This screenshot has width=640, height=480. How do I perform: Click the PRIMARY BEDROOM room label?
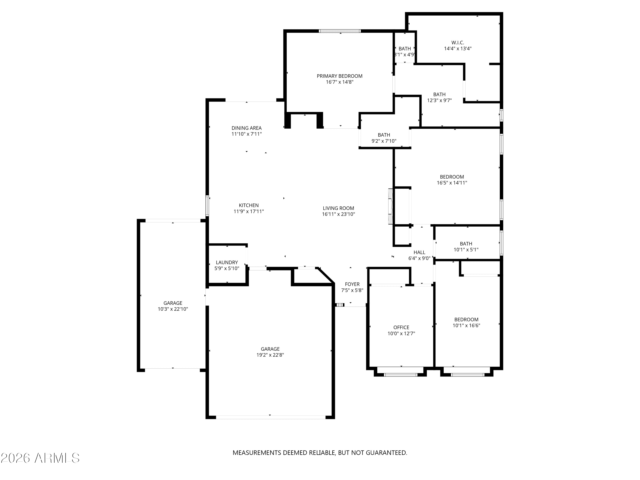[339, 76]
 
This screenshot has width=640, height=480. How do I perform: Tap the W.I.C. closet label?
[458, 42]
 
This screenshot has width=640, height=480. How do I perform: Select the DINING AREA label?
[247, 128]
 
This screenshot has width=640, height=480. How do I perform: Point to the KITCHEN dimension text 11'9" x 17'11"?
[249, 211]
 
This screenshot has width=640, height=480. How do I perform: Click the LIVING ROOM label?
[339, 208]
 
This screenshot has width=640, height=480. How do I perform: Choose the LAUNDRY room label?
[227, 262]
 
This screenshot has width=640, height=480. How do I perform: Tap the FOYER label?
[352, 284]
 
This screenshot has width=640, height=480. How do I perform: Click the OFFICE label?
[401, 327]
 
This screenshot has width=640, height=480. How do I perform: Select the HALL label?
[419, 252]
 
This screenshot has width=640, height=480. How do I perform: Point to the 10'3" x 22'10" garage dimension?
[173, 309]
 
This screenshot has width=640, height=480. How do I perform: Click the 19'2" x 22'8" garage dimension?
[270, 355]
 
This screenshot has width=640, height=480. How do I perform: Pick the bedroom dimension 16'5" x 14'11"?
[452, 183]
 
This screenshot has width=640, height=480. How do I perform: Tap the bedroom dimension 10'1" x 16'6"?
[466, 326]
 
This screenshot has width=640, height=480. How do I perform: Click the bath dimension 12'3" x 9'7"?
[439, 100]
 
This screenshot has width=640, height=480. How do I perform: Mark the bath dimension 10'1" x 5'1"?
[466, 250]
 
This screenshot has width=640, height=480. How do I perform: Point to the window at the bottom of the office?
[401, 375]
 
